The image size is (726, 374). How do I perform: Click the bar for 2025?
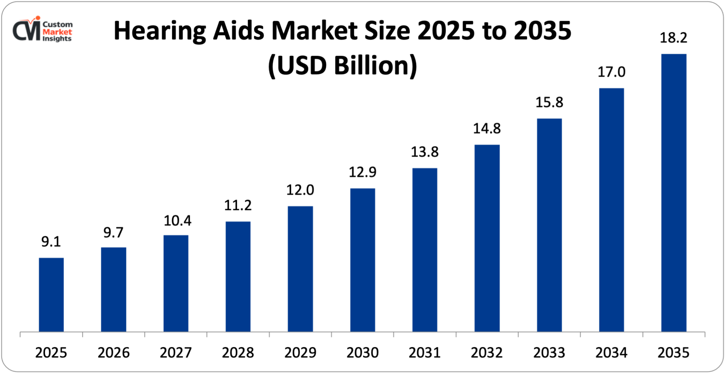click(51, 295)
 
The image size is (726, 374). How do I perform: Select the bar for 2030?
click(362, 260)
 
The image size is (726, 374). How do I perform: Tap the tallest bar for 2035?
click(674, 193)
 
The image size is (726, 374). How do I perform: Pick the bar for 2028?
click(238, 276)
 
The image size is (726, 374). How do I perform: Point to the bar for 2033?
click(549, 225)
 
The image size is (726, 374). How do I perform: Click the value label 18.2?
click(673, 38)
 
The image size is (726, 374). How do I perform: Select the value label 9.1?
click(51, 242)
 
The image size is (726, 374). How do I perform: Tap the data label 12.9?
click(362, 172)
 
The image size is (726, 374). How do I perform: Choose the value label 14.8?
click(487, 128)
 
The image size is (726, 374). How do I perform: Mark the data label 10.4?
click(177, 221)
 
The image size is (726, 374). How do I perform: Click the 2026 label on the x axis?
click(113, 353)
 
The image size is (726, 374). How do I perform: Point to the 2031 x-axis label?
click(424, 353)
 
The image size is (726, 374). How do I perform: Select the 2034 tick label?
click(611, 353)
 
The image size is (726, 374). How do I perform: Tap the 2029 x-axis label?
click(300, 353)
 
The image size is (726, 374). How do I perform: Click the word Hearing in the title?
click(160, 31)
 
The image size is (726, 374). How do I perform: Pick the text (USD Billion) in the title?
click(342, 66)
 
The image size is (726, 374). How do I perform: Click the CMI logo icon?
click(26, 30)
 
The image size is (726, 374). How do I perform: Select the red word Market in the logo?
click(57, 32)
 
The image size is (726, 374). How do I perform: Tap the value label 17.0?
click(611, 72)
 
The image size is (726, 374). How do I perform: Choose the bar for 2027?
click(176, 283)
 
